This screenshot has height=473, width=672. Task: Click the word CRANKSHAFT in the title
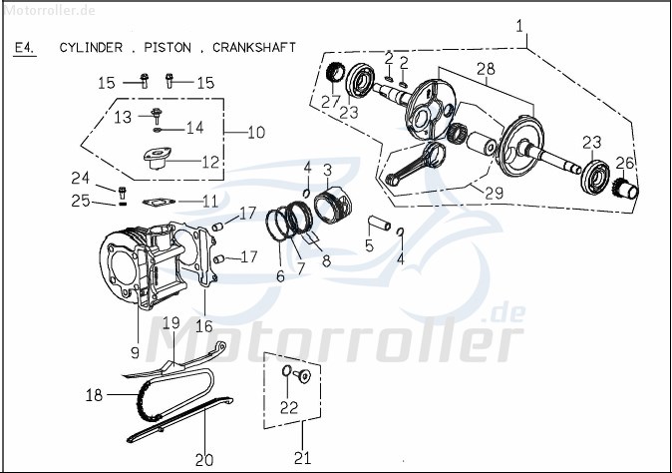point(254,47)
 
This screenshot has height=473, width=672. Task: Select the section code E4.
point(25,47)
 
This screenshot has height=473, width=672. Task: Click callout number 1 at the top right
point(519,25)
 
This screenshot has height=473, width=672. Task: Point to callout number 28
point(485,68)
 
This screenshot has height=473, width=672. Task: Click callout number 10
point(256,132)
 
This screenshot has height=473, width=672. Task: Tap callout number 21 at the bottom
point(303,458)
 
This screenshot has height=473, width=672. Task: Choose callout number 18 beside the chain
point(94,395)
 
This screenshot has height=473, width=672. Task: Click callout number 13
point(122,118)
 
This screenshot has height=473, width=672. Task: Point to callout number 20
point(203,459)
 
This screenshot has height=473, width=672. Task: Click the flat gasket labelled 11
point(156,201)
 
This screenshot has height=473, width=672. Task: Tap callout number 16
point(203,325)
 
